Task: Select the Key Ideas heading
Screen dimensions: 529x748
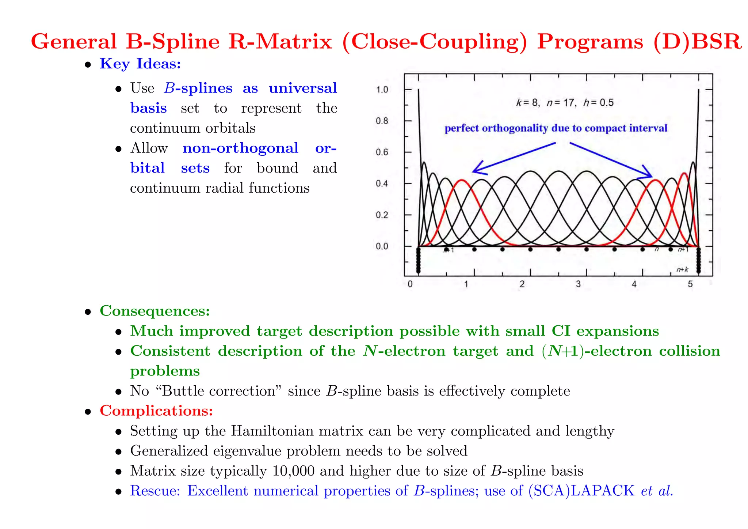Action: pyautogui.click(x=140, y=64)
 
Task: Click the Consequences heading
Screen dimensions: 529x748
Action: pyautogui.click(x=155, y=311)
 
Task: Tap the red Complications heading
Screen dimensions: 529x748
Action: pyautogui.click(x=156, y=411)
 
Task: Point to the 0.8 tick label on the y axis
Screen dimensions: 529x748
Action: pyautogui.click(x=382, y=121)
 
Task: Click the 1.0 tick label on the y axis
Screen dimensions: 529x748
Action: pyautogui.click(x=382, y=90)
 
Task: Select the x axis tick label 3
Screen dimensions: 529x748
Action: pyautogui.click(x=578, y=284)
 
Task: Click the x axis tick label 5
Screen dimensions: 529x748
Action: pyautogui.click(x=690, y=284)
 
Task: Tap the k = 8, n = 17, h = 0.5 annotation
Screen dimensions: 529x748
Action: pyautogui.click(x=565, y=103)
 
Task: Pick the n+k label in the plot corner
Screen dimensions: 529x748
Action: pyautogui.click(x=682, y=270)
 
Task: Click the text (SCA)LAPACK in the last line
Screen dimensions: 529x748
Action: pyautogui.click(x=581, y=491)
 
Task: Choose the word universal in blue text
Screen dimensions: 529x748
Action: pyautogui.click(x=303, y=88)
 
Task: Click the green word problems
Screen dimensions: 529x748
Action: pyautogui.click(x=165, y=371)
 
